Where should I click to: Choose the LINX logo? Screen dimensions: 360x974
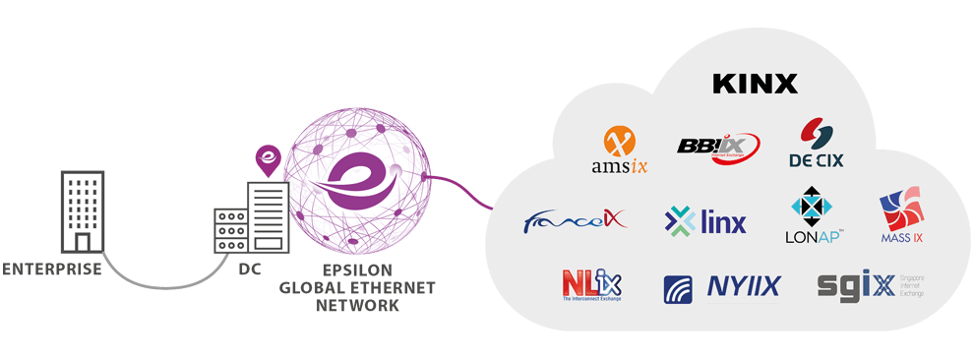tap(705, 221)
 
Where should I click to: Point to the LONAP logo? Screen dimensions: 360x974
tap(812, 218)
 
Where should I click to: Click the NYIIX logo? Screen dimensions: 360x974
tap(723, 286)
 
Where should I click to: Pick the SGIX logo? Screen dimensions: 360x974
tap(858, 286)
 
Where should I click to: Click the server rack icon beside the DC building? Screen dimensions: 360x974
tap(231, 231)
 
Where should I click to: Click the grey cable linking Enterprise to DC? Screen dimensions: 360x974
tap(167, 284)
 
